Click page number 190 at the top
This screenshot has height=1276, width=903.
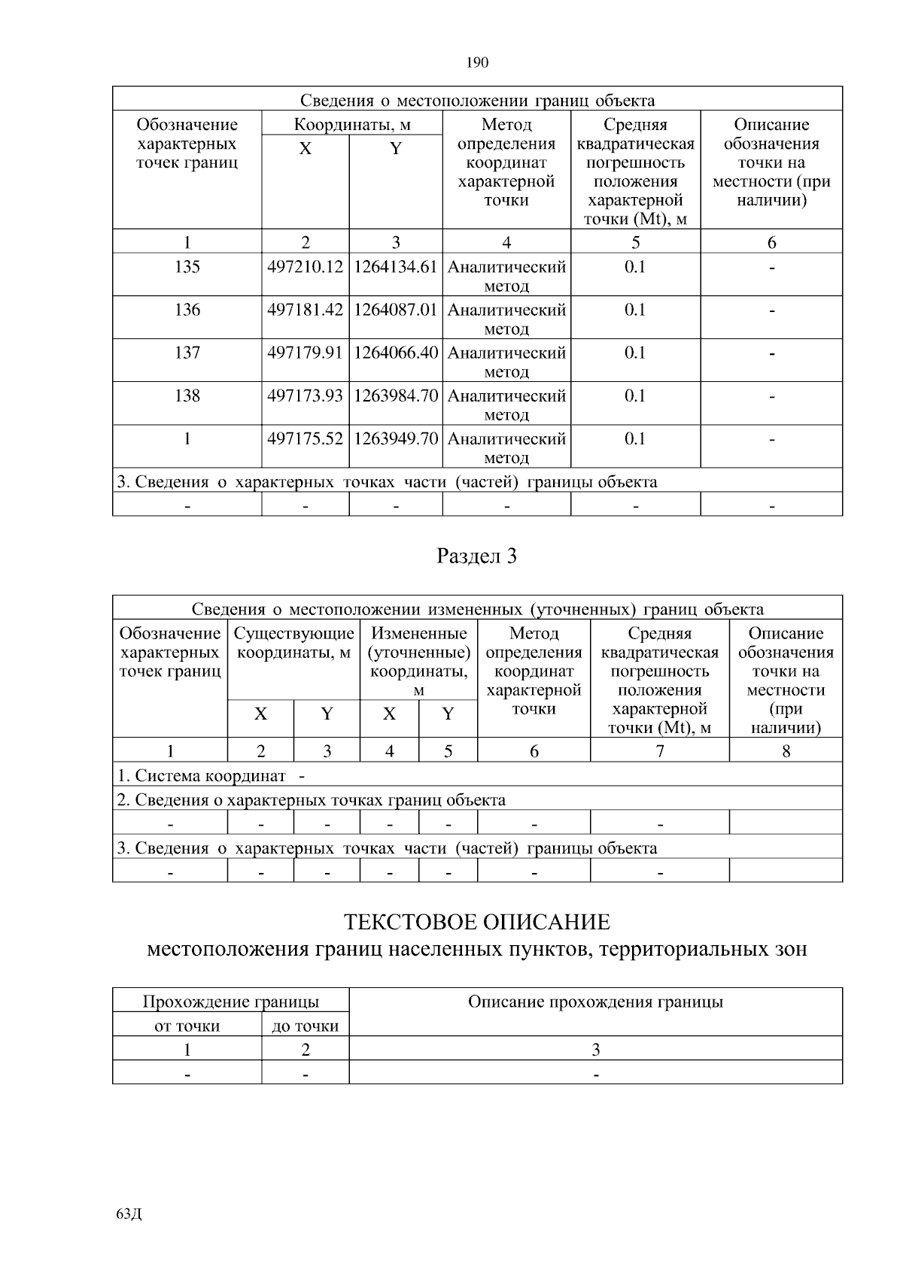477,62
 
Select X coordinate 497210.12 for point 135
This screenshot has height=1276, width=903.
306,267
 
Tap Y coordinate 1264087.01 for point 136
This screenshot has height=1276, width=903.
396,310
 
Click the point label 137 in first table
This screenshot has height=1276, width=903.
187,353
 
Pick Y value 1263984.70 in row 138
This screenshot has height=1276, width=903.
396,396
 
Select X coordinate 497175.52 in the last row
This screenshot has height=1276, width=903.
306,438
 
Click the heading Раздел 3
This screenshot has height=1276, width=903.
477,556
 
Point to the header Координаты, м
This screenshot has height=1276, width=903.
351,124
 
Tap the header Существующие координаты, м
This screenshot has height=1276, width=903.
293,644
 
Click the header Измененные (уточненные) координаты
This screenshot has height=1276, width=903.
419,652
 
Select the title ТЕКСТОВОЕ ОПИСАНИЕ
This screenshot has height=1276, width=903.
477,922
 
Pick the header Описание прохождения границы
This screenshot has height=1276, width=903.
595,1002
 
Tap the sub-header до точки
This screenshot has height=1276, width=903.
305,1026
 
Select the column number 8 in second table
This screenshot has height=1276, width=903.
786,750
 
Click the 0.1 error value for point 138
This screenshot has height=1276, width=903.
635,396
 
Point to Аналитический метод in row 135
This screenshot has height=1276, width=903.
506,276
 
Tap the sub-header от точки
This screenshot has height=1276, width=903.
187,1026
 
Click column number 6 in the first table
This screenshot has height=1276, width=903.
771,242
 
